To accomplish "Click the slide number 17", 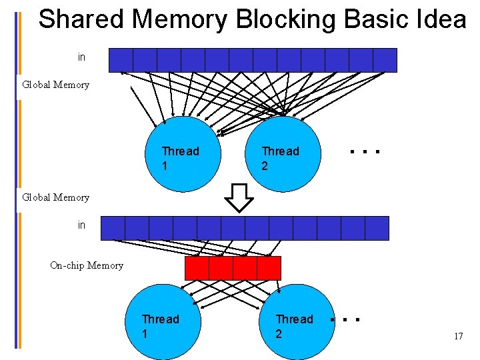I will coord(458,336).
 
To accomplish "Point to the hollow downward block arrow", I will coord(239,197).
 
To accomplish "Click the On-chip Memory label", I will coord(87,265).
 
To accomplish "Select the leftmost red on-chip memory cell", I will coord(197,268).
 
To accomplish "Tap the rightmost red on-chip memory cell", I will coord(269,268).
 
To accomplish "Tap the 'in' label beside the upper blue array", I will coord(81,57).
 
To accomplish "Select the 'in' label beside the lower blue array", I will coord(81,225).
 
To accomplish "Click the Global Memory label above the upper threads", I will coord(55,85).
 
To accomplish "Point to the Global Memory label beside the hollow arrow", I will coord(55,197).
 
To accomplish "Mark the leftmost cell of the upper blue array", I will coord(120,60).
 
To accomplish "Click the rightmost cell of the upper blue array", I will coord(385,60).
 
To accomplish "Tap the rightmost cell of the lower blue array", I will coord(377,228).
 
